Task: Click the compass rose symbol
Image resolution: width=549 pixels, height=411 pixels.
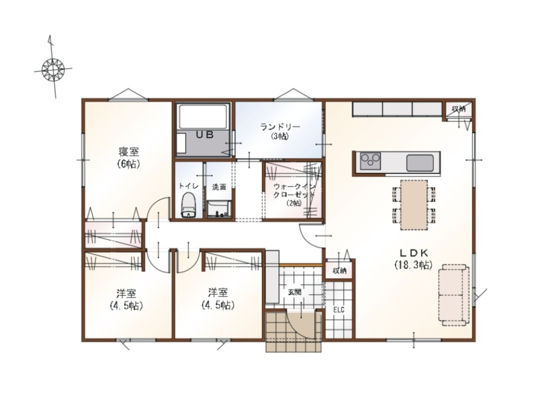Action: click(53, 69)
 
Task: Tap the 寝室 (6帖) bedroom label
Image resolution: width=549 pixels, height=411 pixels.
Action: click(129, 158)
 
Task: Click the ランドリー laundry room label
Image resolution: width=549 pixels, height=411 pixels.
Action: click(280, 131)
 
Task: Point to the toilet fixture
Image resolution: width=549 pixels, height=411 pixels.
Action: click(188, 205)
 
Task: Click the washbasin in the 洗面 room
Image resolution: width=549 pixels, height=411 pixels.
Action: click(219, 209)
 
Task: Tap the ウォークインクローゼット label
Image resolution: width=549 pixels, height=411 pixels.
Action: click(294, 194)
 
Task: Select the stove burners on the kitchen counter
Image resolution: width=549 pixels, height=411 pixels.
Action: click(370, 161)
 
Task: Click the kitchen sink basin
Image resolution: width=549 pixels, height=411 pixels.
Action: click(420, 163)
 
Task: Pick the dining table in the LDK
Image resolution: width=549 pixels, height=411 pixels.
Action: click(414, 205)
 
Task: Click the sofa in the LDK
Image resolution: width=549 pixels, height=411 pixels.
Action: click(454, 295)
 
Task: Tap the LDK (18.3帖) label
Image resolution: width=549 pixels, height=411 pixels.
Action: click(414, 259)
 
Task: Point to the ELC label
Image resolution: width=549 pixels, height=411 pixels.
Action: click(339, 310)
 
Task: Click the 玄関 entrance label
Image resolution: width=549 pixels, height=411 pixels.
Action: click(294, 292)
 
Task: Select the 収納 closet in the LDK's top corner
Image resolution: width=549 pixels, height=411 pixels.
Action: click(459, 110)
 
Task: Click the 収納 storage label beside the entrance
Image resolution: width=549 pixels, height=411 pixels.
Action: click(339, 271)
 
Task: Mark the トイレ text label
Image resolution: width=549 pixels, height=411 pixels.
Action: click(189, 185)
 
